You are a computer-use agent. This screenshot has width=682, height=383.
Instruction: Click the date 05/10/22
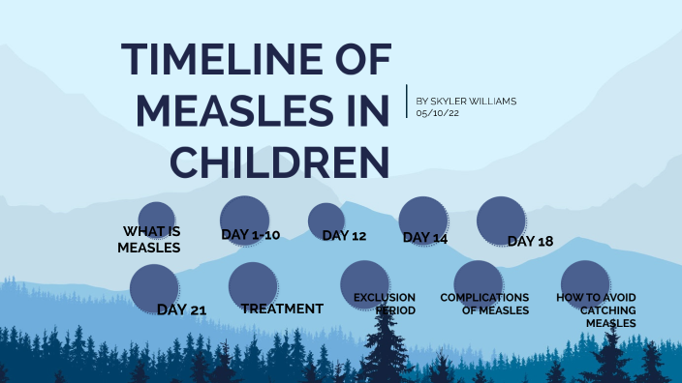[436, 113]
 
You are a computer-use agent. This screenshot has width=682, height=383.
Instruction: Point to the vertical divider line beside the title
[407, 102]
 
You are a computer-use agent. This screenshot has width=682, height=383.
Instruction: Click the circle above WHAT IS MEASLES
[156, 218]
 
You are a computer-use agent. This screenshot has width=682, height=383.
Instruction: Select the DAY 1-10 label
[250, 234]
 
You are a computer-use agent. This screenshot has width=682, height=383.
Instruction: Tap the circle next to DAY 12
[325, 220]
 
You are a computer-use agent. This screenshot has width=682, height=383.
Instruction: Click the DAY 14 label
[424, 237]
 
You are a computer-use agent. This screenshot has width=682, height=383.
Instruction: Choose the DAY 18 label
[530, 241]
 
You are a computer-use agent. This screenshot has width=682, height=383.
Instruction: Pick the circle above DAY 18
[501, 220]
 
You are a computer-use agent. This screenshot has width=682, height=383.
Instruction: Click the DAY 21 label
[181, 309]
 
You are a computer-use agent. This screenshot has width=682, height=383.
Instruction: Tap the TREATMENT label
[282, 309]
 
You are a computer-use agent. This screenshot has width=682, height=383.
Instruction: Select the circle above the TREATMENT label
[253, 285]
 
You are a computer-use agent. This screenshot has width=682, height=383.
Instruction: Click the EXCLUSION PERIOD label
[385, 304]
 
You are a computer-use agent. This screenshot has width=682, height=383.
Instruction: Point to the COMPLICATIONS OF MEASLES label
[484, 304]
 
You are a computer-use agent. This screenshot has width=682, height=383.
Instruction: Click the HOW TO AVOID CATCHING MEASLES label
[596, 310]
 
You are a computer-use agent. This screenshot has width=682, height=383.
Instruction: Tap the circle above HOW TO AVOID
[585, 282]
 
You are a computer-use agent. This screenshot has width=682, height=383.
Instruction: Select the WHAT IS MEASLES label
[150, 239]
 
